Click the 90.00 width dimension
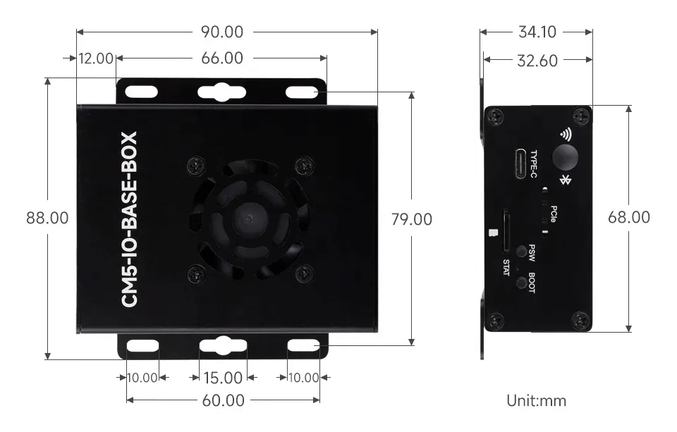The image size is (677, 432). point(223,32)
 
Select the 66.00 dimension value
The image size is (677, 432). point(222,58)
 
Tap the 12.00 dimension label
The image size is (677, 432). point(96,58)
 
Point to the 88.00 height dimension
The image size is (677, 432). point(47,218)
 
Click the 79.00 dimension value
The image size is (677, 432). point(411,220)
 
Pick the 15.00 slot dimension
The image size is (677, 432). point(222,378)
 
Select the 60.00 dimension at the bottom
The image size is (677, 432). point(223,401)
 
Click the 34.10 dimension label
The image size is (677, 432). point(537,32)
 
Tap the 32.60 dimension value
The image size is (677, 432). point(537,61)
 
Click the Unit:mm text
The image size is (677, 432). point(536,401)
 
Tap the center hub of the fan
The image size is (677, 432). point(246,219)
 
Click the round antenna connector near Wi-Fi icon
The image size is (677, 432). point(565,157)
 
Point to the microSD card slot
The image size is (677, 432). point(506,230)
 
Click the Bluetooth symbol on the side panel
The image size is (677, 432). point(564,180)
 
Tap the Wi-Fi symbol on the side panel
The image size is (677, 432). point(565,134)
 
